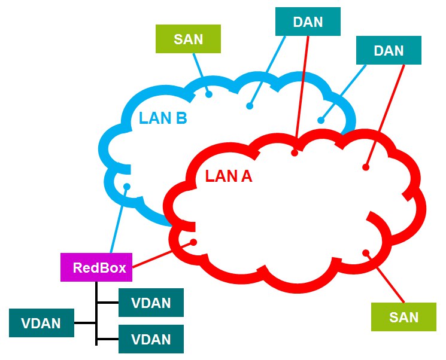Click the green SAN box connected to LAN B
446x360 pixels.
pyautogui.click(x=188, y=39)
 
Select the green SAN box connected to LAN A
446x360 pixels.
pyautogui.click(x=403, y=317)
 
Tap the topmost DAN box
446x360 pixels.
pyautogui.click(x=308, y=22)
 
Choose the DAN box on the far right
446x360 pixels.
pyautogui.click(x=389, y=50)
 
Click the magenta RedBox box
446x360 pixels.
pyautogui.click(x=96, y=267)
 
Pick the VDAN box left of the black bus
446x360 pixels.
pyautogui.click(x=41, y=323)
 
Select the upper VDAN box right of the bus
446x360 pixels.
pyautogui.click(x=151, y=303)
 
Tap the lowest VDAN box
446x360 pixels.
pyautogui.click(x=151, y=339)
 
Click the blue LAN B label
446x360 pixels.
pyautogui.click(x=163, y=118)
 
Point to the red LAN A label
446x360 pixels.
pyautogui.click(x=229, y=176)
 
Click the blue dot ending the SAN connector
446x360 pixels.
pyautogui.click(x=209, y=94)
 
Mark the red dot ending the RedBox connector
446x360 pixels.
pyautogui.click(x=193, y=242)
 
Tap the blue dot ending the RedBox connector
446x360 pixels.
pyautogui.click(x=127, y=187)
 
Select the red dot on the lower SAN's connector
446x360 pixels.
pyautogui.click(x=366, y=252)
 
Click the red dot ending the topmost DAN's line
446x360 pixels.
pyautogui.click(x=295, y=153)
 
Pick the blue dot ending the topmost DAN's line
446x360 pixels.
pyautogui.click(x=250, y=106)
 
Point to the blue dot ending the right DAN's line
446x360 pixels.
pyautogui.click(x=321, y=120)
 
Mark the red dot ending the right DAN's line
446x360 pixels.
pyautogui.click(x=366, y=167)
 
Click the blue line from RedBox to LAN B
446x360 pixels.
pyautogui.click(x=119, y=220)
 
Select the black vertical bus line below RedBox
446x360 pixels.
pyautogui.click(x=96, y=313)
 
